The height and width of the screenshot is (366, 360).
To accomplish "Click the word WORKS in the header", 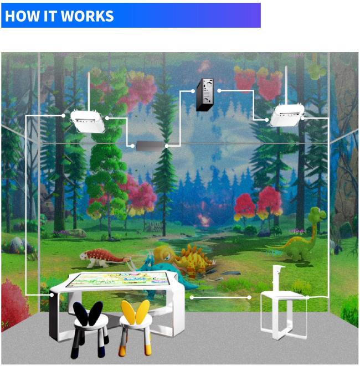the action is (x=87, y=16).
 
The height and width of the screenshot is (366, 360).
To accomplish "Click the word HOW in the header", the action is (x=22, y=16).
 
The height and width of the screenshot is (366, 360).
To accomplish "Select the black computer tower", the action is (x=205, y=95).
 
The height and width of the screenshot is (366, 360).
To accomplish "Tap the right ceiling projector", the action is (x=287, y=115).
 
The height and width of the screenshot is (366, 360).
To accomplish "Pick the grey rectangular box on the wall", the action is (x=150, y=146).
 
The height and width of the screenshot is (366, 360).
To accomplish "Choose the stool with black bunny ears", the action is (x=90, y=329).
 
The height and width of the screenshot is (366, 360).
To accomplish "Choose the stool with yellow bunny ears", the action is (x=136, y=327).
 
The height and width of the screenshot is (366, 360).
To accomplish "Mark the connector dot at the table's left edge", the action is (x=52, y=295).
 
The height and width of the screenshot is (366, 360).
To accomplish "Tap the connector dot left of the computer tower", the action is (x=193, y=91).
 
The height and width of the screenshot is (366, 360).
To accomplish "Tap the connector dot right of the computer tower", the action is (x=219, y=90).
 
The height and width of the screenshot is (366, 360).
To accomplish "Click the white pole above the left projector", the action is (x=89, y=91).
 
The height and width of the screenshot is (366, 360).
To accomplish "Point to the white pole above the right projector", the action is (x=286, y=85).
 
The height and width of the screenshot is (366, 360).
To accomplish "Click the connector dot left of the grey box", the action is (x=132, y=146).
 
